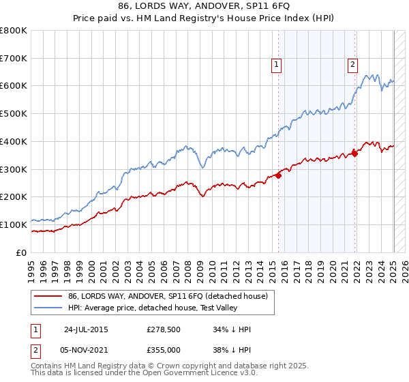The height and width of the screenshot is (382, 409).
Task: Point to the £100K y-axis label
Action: [14, 224]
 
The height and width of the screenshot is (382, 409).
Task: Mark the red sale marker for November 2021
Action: [354, 153]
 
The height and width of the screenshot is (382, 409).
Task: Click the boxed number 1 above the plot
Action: [277, 65]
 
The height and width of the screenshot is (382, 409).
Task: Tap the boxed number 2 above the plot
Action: [352, 65]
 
